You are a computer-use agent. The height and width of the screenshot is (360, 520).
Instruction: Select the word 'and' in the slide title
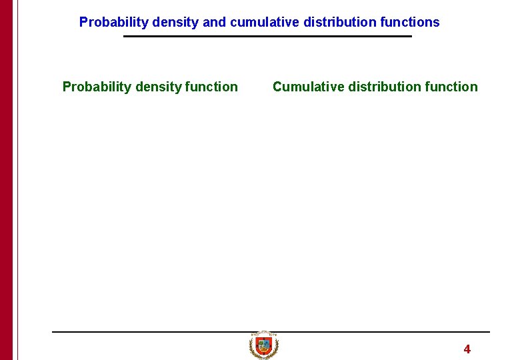pyautogui.click(x=214, y=22)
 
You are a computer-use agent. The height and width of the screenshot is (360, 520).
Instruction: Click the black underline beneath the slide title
pyautogui.click(x=267, y=36)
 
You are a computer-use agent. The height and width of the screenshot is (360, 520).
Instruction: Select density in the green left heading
pyautogui.click(x=159, y=87)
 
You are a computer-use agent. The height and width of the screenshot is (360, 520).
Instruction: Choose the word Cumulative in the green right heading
pyautogui.click(x=308, y=87)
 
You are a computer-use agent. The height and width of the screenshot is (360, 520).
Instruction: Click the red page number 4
pyautogui.click(x=467, y=349)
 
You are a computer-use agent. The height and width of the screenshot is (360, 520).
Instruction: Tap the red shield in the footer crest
pyautogui.click(x=264, y=345)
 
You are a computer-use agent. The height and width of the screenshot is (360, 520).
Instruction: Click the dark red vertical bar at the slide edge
pyautogui.click(x=6, y=180)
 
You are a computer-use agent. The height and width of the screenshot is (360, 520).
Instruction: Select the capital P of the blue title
pyautogui.click(x=83, y=22)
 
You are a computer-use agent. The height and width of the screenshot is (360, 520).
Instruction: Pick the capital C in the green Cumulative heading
pyautogui.click(x=277, y=87)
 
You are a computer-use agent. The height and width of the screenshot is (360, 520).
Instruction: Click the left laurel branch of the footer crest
pyautogui.click(x=253, y=347)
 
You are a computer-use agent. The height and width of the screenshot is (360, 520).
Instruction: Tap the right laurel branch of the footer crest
pyautogui.click(x=275, y=347)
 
